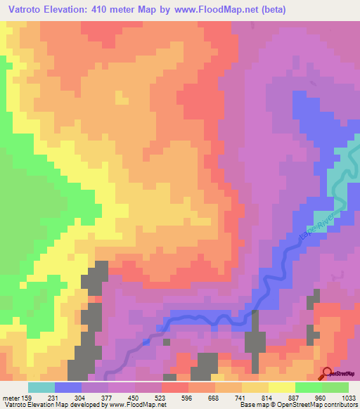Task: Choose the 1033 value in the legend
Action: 340,397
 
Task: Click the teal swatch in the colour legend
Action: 41,387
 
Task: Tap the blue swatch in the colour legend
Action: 68,387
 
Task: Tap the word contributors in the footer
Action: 342,405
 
